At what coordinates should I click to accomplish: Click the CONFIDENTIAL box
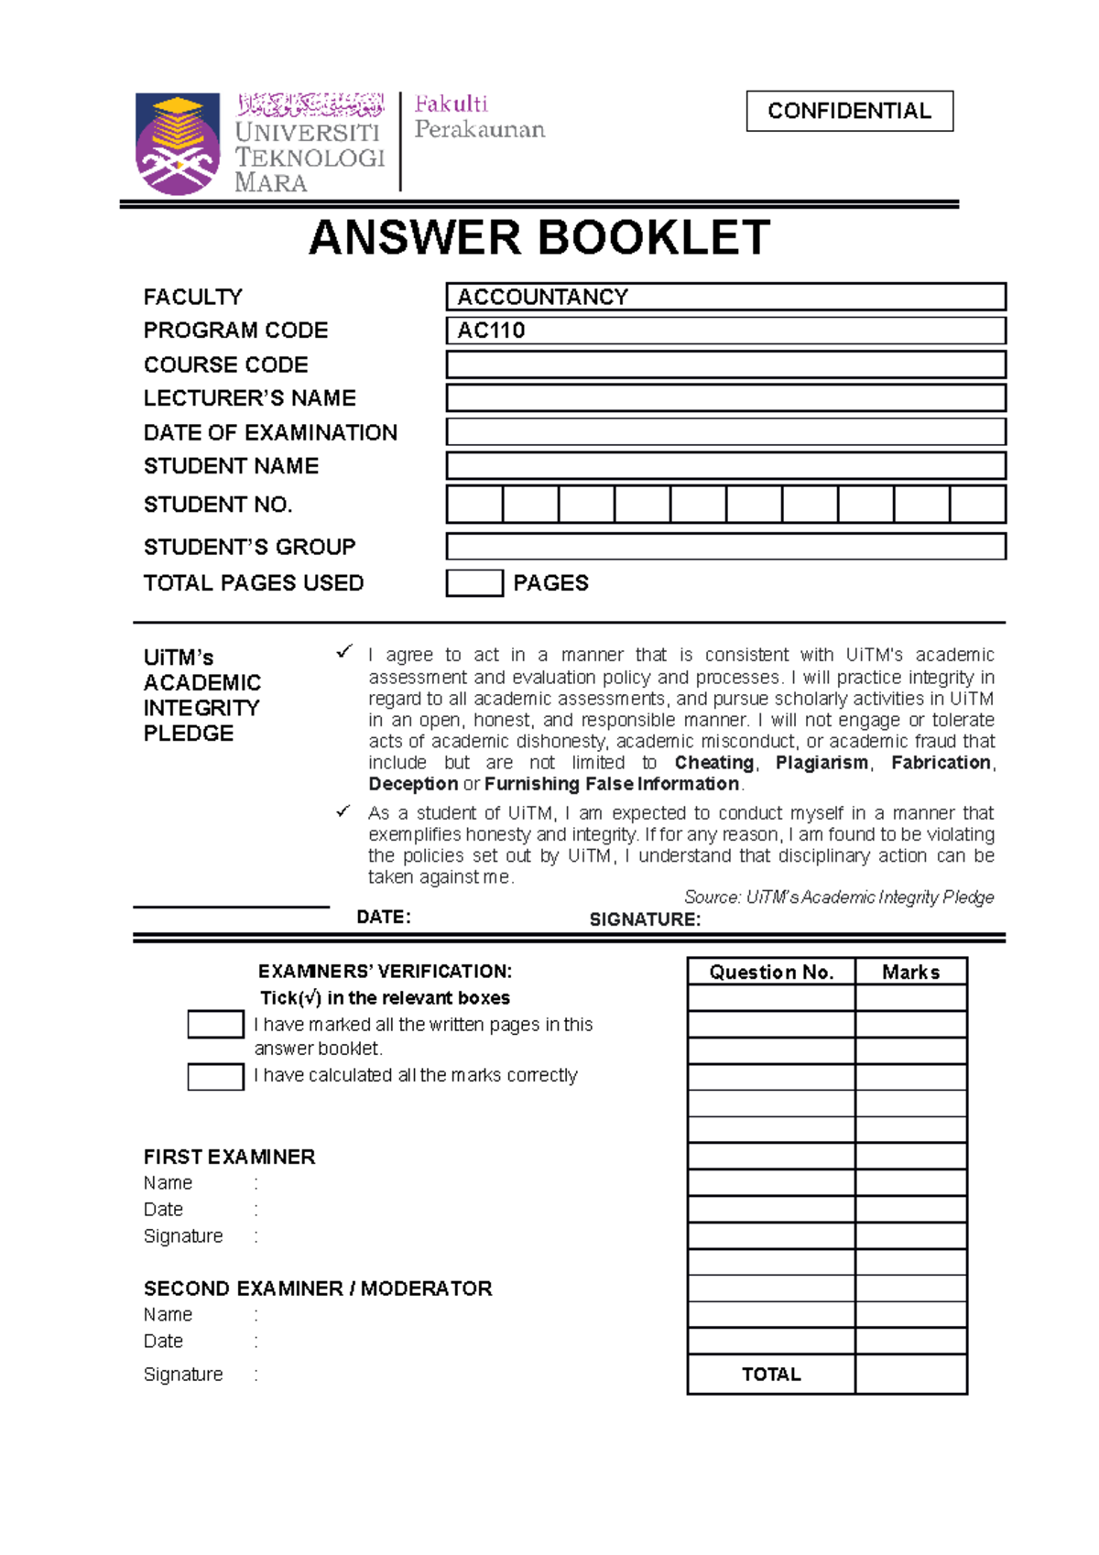point(849,111)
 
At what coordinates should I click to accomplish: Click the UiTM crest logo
point(178,143)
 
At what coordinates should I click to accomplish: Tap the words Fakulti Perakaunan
point(479,117)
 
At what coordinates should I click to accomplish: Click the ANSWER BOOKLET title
point(539,238)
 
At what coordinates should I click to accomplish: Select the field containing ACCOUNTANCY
point(725,297)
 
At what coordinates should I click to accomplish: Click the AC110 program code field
point(725,331)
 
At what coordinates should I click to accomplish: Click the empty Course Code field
point(725,364)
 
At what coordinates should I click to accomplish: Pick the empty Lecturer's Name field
point(725,397)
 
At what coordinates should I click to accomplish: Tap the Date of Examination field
point(725,431)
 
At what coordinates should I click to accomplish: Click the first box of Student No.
point(474,505)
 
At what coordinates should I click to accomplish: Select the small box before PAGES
point(474,583)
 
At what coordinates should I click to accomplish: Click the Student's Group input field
point(725,547)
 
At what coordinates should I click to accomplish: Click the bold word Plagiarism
point(822,763)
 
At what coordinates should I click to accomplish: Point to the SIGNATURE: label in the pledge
point(645,919)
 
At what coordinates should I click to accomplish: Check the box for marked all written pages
point(215,1024)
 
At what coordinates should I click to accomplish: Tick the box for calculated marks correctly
point(215,1076)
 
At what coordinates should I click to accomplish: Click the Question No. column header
point(771,972)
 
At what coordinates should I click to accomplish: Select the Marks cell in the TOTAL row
point(910,1374)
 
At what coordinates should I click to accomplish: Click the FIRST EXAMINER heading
point(229,1157)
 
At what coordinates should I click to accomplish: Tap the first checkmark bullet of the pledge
point(344,652)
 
